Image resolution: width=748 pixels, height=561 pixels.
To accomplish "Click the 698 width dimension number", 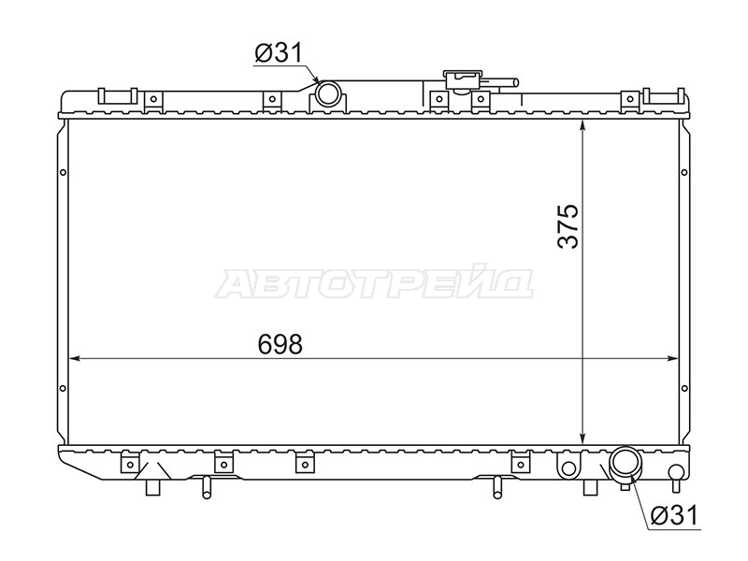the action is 280,344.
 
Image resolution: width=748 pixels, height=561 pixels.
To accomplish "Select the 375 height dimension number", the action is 568,226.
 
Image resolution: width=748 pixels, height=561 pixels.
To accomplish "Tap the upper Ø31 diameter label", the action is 279,53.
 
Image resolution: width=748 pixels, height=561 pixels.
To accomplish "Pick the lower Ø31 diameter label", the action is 674,515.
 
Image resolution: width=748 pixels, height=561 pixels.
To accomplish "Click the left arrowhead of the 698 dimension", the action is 74,358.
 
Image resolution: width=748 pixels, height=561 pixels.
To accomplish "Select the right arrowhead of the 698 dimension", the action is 672,358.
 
